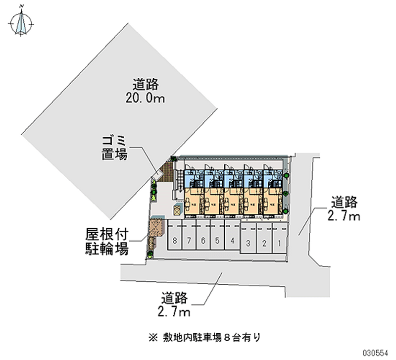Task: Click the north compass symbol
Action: [x=22, y=23]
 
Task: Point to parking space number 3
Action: [x=249, y=243]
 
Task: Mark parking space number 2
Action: [x=264, y=243]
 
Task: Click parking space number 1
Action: [x=280, y=243]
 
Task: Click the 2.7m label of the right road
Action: [x=343, y=216]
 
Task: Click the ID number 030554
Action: [x=379, y=354]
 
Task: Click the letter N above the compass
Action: [x=22, y=6]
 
